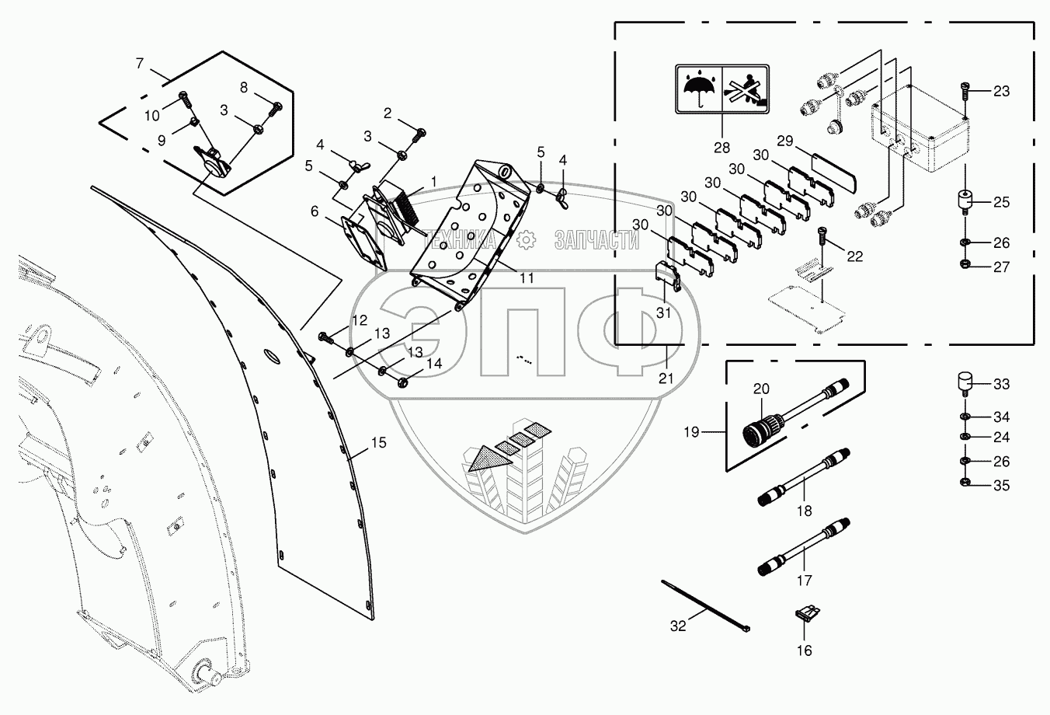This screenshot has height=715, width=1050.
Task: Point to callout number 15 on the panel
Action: pos(377,443)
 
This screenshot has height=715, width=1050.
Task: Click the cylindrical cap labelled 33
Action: pos(965,383)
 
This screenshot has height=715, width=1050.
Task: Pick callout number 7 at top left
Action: pos(140,63)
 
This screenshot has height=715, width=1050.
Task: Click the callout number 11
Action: pos(527,277)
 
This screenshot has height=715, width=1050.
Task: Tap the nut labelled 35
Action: pos(965,486)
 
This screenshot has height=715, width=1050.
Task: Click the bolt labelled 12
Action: pos(325,338)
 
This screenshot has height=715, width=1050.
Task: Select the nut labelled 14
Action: pos(403,382)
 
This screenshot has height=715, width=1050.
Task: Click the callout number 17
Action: pos(804,580)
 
